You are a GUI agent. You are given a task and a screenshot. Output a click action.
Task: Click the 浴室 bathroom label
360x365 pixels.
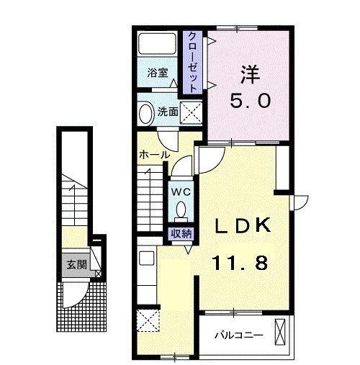(x=157, y=73)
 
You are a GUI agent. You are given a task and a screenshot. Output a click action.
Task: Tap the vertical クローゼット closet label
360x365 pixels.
(x=193, y=60)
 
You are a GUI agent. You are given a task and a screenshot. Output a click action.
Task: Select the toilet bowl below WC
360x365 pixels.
(x=180, y=210)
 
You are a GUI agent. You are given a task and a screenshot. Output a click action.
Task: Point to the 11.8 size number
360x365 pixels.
(x=239, y=263)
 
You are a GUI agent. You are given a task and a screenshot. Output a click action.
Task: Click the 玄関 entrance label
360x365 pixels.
(x=77, y=264)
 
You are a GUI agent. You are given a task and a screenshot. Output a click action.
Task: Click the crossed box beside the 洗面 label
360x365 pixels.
(x=191, y=112)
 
